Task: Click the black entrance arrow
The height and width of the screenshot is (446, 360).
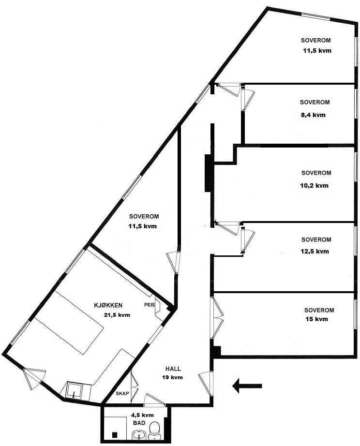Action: tap(247, 386)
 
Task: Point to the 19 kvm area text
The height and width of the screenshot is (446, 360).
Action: tap(172, 377)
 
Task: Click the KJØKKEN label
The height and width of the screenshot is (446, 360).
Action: tap(108, 305)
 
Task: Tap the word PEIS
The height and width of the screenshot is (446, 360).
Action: tap(149, 305)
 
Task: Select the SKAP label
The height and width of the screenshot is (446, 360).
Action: tap(121, 393)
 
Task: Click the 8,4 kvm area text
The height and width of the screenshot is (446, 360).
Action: tap(313, 115)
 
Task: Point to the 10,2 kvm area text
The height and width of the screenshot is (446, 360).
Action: tap(315, 185)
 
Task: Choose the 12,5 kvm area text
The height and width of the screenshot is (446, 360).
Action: tap(315, 251)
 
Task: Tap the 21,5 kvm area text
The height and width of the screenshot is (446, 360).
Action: tap(117, 314)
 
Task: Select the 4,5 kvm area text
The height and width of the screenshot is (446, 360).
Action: tap(142, 415)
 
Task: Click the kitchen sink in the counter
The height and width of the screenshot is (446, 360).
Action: tap(75, 389)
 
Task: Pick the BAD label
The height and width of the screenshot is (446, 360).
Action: tap(139, 423)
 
